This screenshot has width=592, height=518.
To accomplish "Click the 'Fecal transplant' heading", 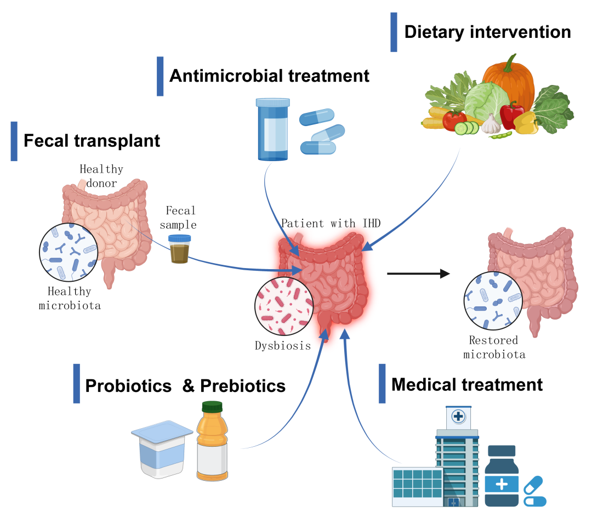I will (x=92, y=141).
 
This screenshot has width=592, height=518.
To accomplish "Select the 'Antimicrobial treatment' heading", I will (x=269, y=76).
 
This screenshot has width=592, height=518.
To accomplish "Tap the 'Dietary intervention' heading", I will (x=487, y=32).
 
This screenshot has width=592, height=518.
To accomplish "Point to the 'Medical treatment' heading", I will (x=467, y=384).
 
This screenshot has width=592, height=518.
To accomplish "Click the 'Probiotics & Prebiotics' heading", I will (x=185, y=386).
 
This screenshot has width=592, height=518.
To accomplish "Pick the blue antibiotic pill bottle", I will (x=272, y=129).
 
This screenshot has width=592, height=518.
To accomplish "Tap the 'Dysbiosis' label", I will (x=282, y=346).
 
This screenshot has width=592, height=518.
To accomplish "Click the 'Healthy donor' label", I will (x=101, y=175).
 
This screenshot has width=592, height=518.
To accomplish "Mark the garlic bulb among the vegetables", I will (x=491, y=124).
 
